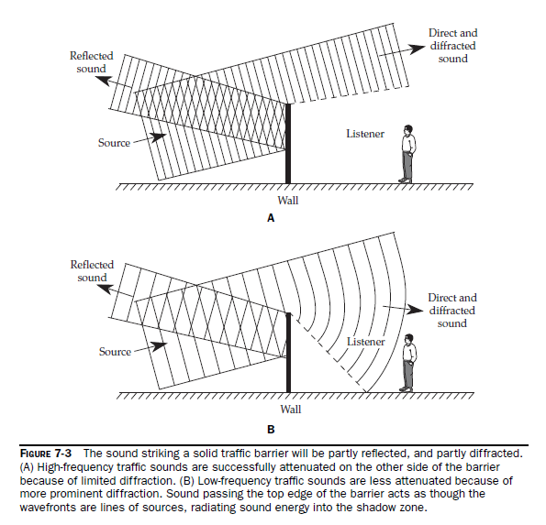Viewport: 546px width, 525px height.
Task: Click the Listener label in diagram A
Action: pyautogui.click(x=365, y=134)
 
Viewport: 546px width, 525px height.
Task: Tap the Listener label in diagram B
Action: pyautogui.click(x=366, y=342)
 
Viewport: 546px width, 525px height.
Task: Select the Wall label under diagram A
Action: pyautogui.click(x=288, y=201)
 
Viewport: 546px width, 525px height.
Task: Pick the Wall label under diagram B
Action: pyautogui.click(x=291, y=409)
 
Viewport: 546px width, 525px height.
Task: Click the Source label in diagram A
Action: pyautogui.click(x=114, y=143)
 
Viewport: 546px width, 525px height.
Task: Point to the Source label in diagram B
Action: pyautogui.click(x=115, y=352)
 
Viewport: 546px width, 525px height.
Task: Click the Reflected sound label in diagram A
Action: pyautogui.click(x=92, y=62)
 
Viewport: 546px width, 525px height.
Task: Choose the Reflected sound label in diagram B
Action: pyautogui.click(x=93, y=271)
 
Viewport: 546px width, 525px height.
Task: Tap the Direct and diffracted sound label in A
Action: pyautogui.click(x=453, y=46)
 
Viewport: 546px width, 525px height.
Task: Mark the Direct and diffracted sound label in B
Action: pyautogui.click(x=452, y=311)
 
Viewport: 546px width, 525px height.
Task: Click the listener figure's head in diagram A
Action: pyautogui.click(x=408, y=130)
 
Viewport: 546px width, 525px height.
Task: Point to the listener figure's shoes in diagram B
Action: pyautogui.click(x=406, y=388)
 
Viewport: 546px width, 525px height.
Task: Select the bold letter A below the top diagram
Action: pyautogui.click(x=271, y=218)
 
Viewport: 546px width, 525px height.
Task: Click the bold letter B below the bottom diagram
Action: pyautogui.click(x=271, y=430)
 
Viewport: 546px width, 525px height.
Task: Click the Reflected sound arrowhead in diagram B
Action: pyautogui.click(x=105, y=289)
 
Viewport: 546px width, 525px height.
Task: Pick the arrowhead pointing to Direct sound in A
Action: pyautogui.click(x=417, y=49)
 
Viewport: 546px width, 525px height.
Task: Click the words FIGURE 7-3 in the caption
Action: pyautogui.click(x=46, y=454)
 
